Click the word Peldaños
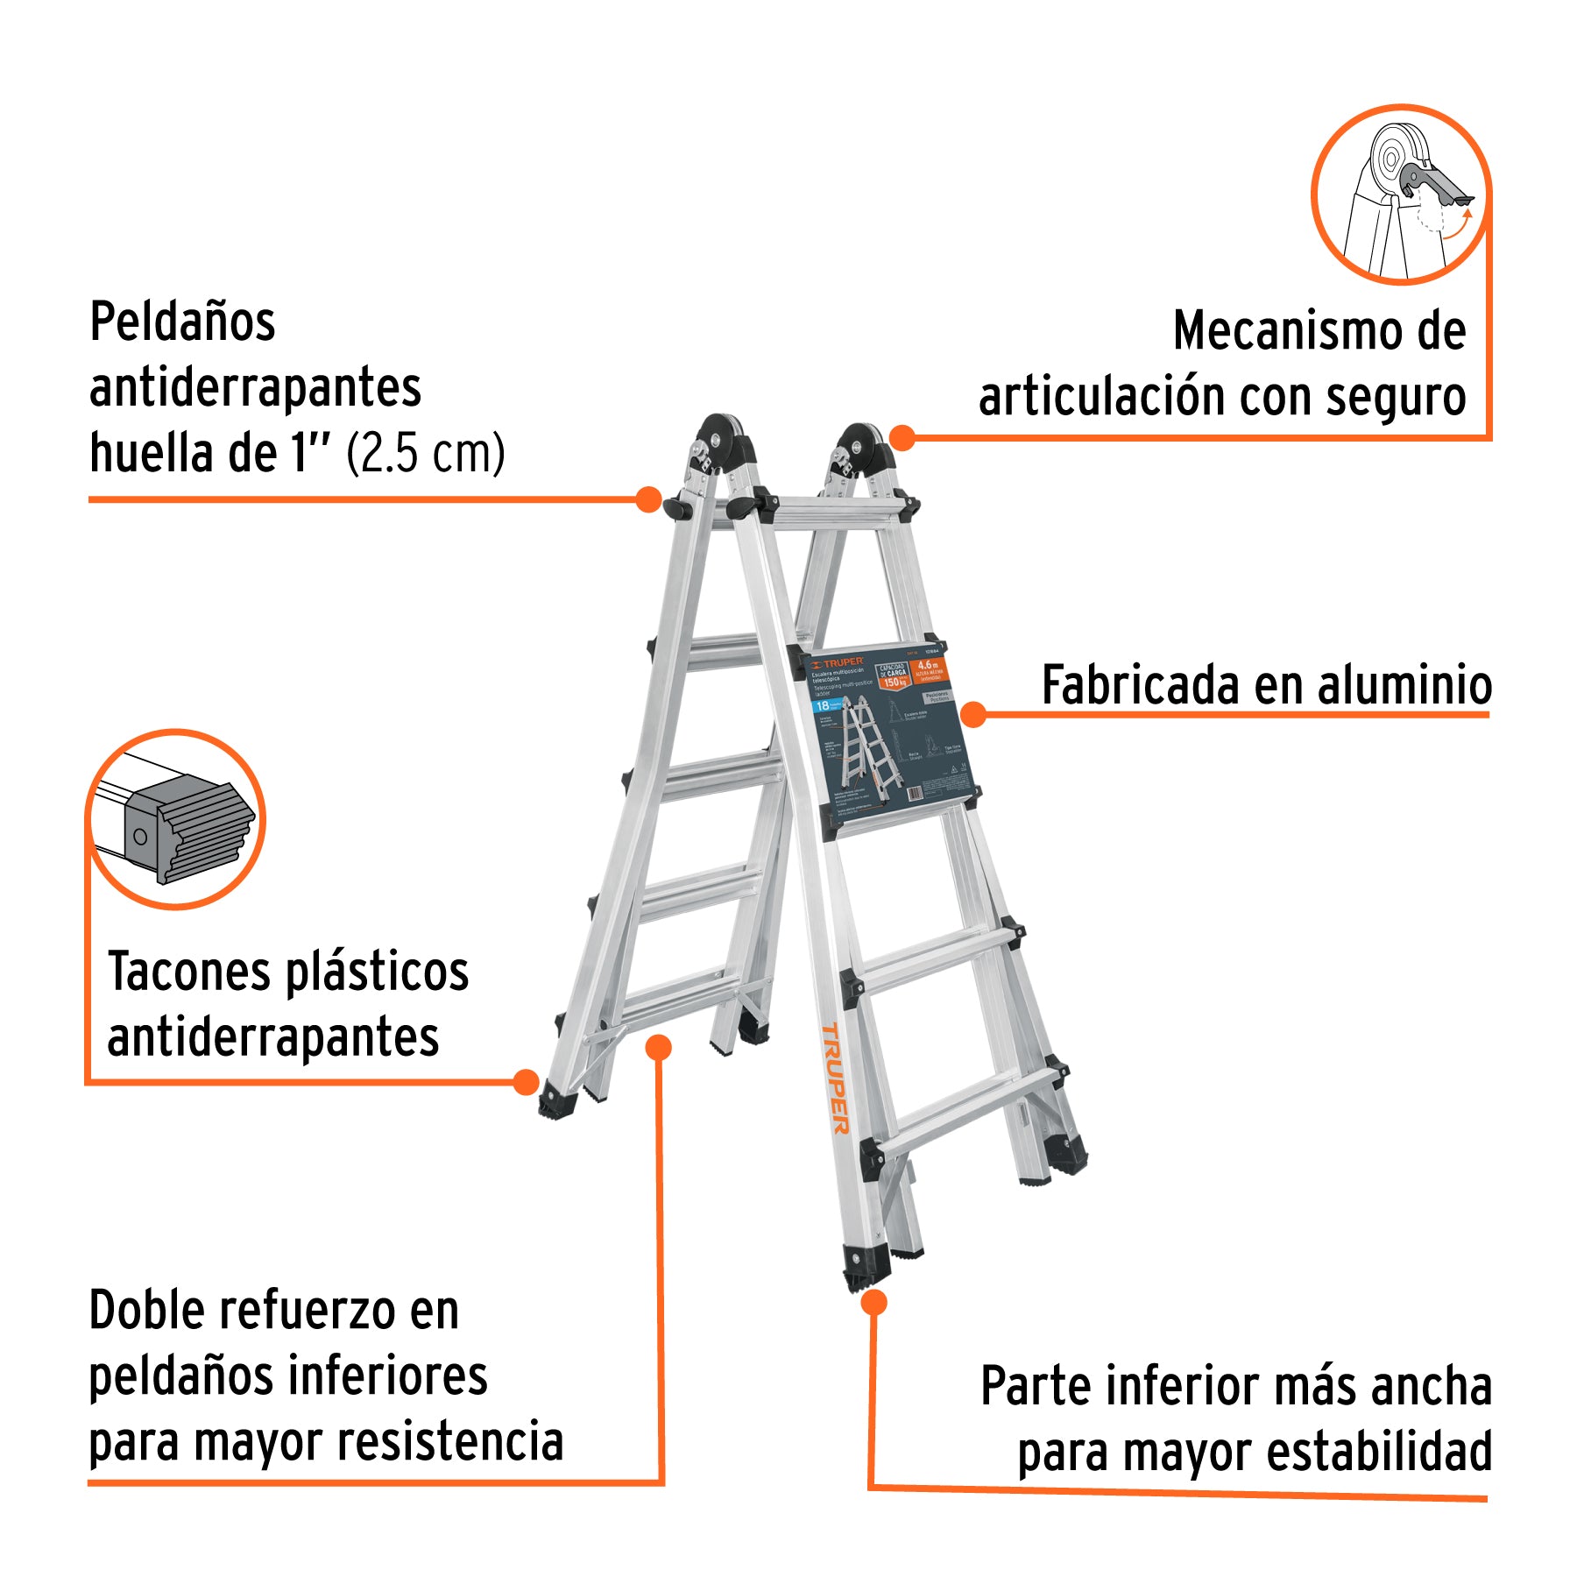pos(182,322)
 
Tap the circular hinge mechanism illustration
pos(1401,194)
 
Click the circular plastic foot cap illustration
pos(176,820)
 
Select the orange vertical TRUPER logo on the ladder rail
pos(835,1078)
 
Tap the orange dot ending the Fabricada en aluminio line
pos(973,715)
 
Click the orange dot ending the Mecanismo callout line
pos(902,437)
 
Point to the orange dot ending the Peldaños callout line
pos(648,499)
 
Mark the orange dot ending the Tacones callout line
pos(526,1082)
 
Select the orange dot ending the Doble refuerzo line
pos(658,1047)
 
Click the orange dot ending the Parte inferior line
pos(873,1303)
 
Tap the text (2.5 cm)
pos(426,454)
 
